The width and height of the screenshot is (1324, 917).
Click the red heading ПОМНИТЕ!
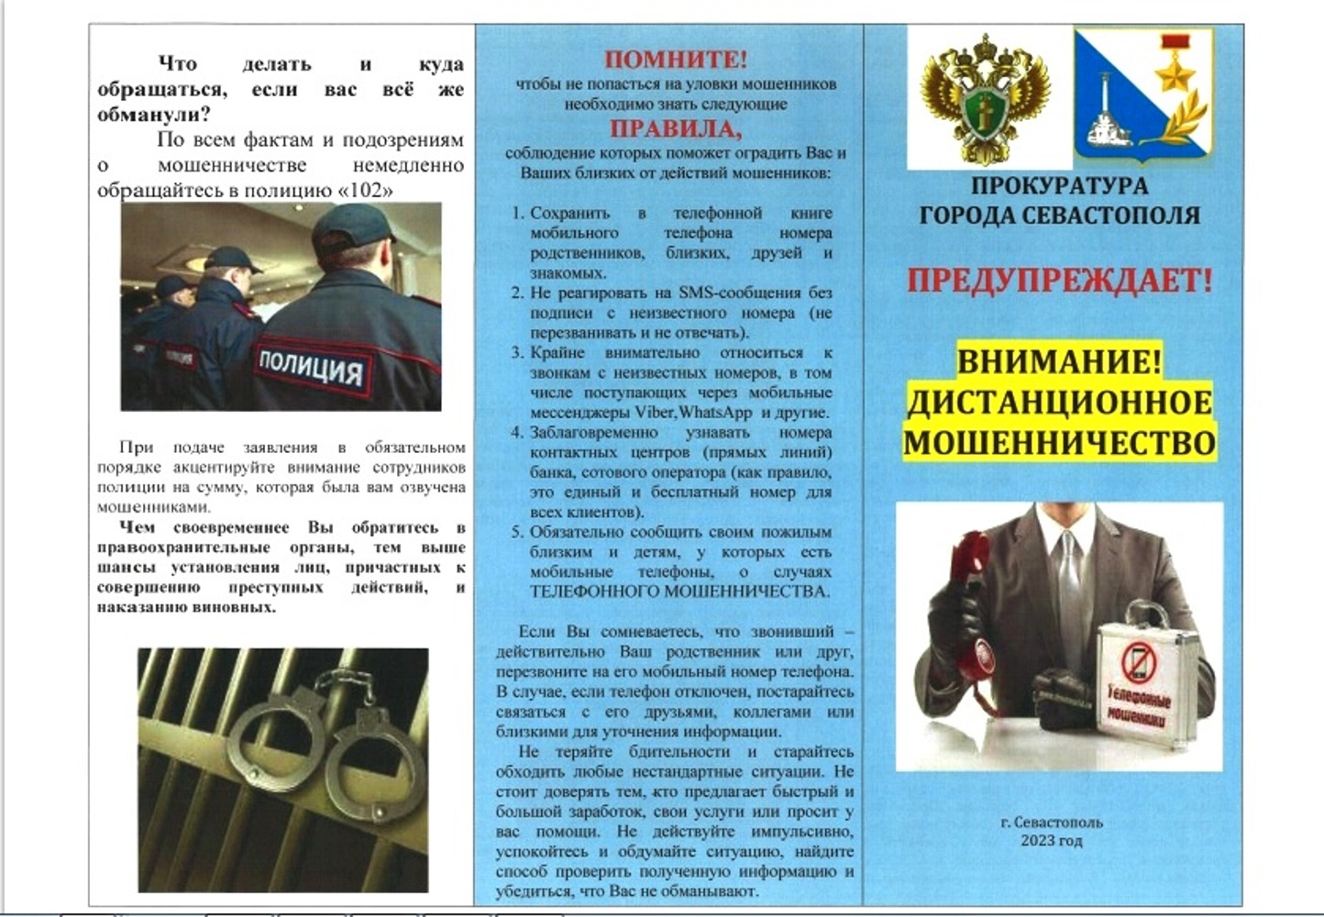tap(676, 60)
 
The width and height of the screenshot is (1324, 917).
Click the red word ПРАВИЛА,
tap(676, 128)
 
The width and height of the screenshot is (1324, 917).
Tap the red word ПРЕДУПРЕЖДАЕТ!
tap(1059, 280)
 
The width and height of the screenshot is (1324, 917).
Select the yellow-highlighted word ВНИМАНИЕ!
tap(1059, 360)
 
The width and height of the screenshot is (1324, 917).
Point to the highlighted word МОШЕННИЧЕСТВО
tap(1059, 442)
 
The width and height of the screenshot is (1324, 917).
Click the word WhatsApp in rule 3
tap(715, 413)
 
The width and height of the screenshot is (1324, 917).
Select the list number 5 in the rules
tap(517, 532)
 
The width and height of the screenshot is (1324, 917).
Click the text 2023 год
tap(1051, 840)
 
